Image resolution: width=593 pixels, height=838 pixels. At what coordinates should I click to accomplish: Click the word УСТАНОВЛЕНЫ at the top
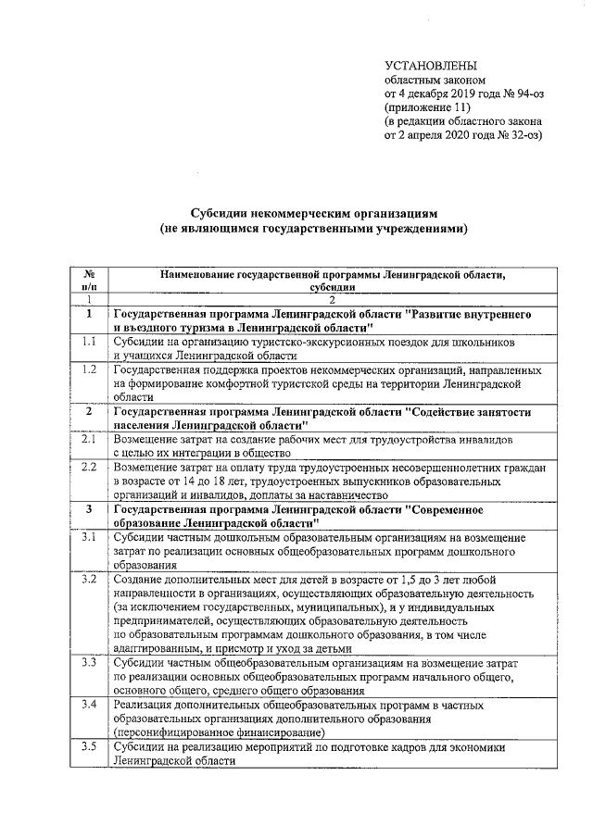click(431, 66)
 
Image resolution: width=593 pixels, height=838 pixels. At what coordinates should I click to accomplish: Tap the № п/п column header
click(90, 281)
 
